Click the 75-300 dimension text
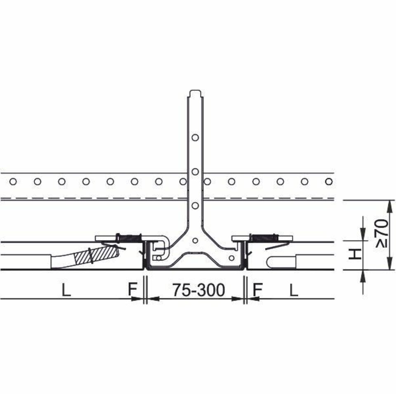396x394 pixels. (198, 290)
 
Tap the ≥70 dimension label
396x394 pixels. (382, 234)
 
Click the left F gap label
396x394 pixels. (132, 290)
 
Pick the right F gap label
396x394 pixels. (257, 290)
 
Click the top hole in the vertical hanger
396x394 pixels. (195, 137)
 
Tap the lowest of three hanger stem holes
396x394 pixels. (195, 205)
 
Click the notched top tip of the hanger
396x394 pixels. (195, 92)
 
